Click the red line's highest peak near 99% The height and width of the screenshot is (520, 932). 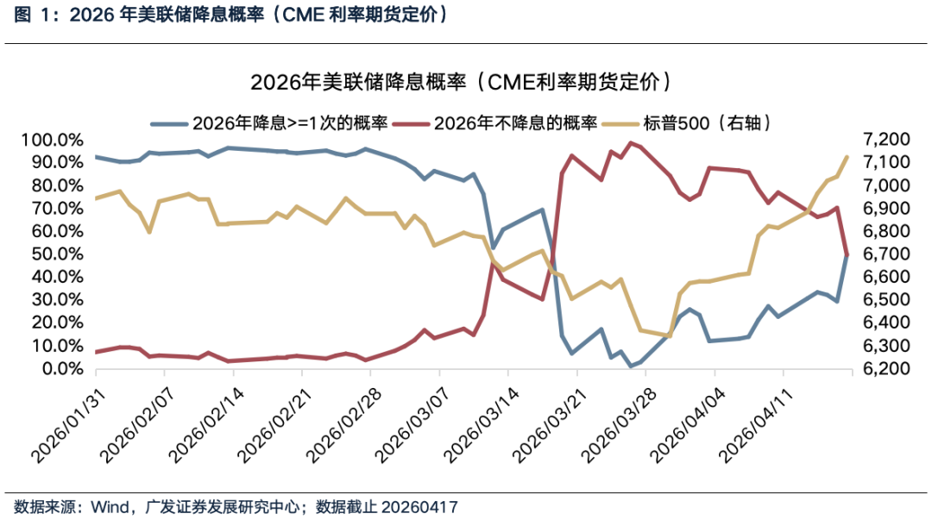(631, 143)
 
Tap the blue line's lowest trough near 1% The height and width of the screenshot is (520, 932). (631, 366)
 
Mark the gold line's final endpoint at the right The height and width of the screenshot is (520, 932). (847, 157)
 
